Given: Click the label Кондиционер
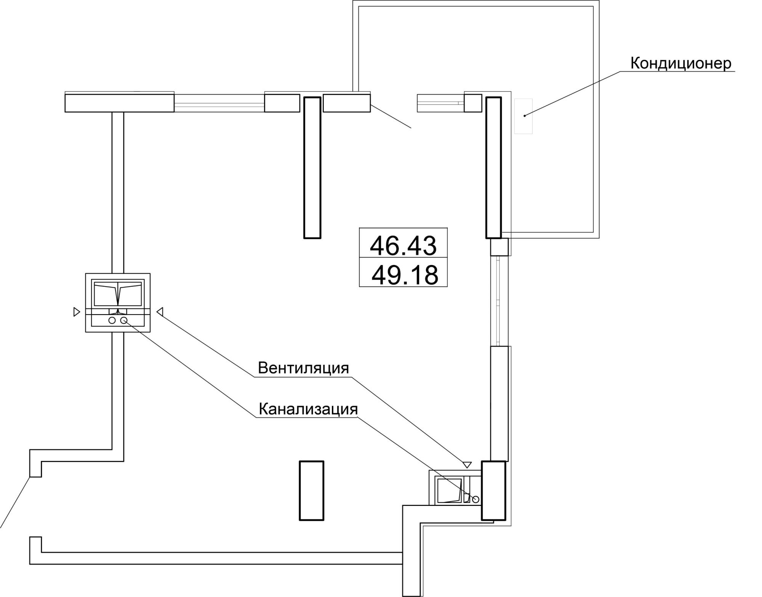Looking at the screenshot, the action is click(x=681, y=64).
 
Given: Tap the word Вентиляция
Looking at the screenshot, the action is click(x=303, y=368).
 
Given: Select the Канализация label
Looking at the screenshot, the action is click(x=308, y=409).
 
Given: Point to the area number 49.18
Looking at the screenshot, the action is click(x=405, y=275).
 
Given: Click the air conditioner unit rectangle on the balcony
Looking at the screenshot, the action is click(x=523, y=116).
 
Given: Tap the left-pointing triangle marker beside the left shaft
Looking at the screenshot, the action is click(x=160, y=312).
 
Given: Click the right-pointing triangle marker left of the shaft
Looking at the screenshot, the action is click(x=77, y=312).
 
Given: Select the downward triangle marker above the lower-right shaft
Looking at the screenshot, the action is click(x=467, y=465).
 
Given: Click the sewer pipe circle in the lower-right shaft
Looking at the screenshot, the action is click(x=475, y=499).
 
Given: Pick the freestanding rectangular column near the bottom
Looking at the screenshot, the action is click(x=311, y=490).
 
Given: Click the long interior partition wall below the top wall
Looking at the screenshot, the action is click(x=312, y=168).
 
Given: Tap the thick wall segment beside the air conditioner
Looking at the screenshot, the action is click(x=493, y=168).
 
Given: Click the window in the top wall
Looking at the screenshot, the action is click(x=219, y=103).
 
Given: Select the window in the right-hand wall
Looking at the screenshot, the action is click(x=499, y=301).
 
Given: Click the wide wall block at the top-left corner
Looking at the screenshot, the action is click(x=119, y=103).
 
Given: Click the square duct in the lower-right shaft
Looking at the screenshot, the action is click(x=450, y=490).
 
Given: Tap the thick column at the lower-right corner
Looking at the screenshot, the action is click(x=494, y=490).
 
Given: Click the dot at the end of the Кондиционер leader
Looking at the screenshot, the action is click(x=525, y=116).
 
